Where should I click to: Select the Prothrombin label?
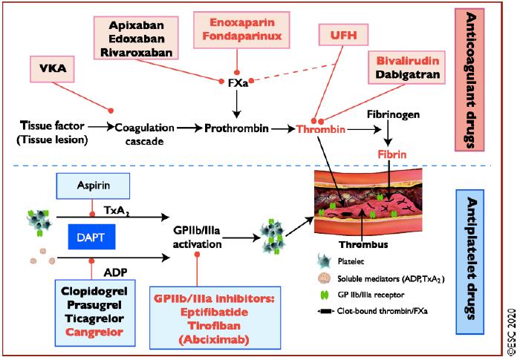(x=237, y=128)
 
